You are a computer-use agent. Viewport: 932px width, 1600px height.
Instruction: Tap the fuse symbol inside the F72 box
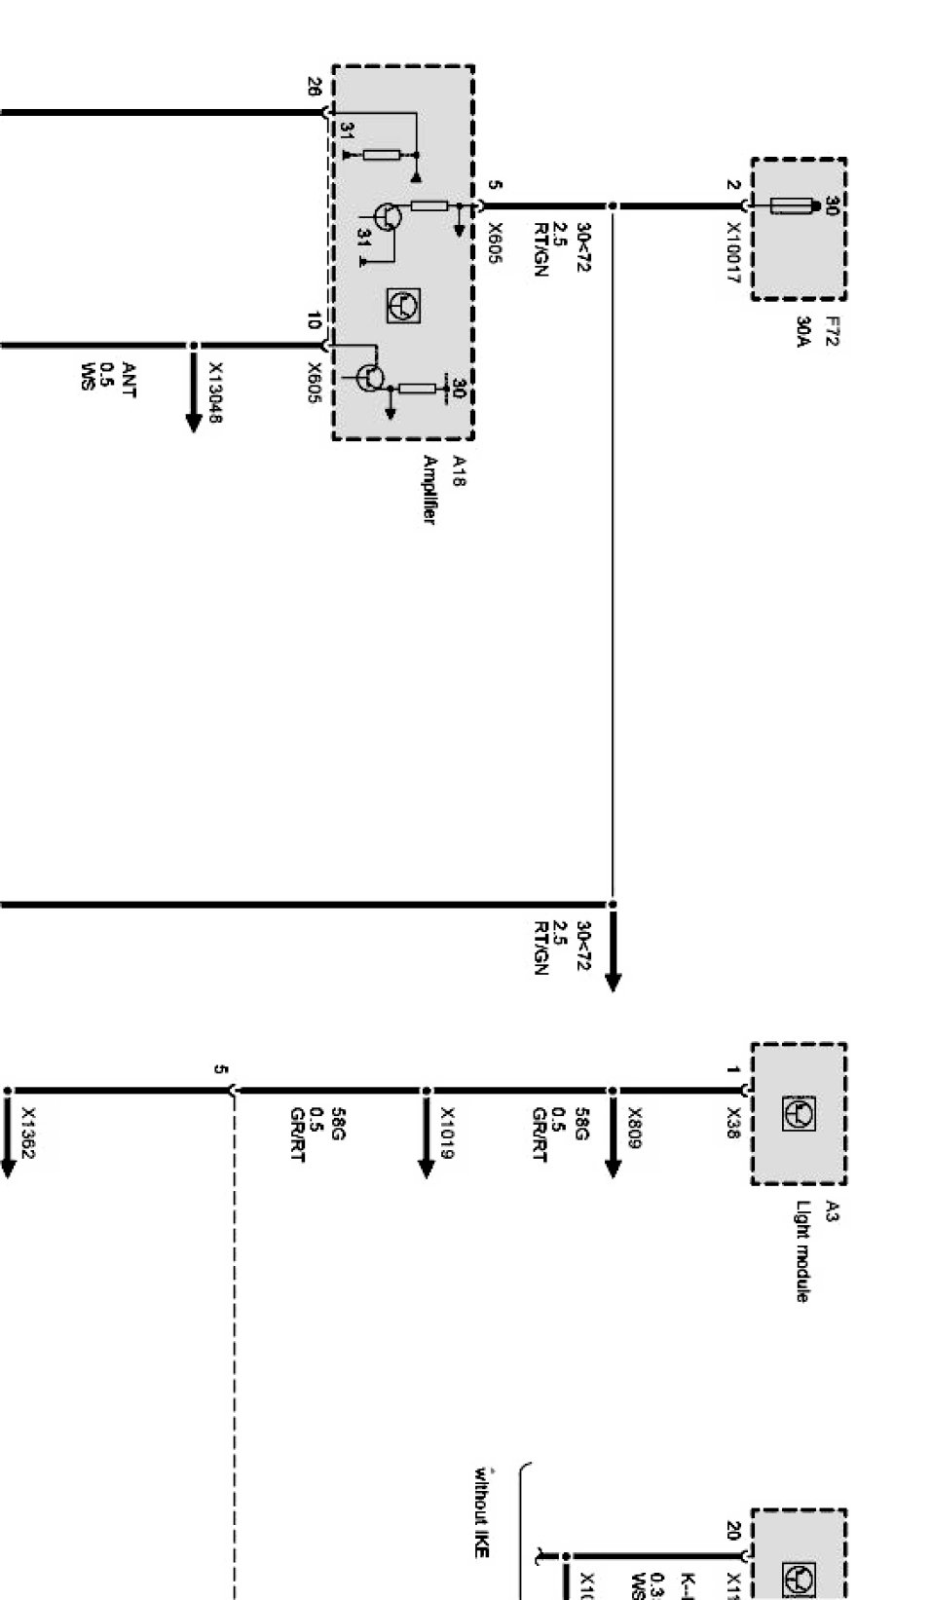pos(792,206)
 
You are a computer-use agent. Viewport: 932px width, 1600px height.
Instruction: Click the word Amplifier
pos(429,490)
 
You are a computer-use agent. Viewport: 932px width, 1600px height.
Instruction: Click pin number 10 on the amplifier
pos(314,319)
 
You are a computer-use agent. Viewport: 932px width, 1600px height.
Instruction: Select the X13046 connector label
pos(215,392)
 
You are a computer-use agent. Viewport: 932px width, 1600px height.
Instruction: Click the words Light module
pos(802,1250)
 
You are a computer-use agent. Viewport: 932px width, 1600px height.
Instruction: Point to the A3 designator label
pos(831,1211)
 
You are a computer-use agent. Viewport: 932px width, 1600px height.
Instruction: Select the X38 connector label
pos(732,1124)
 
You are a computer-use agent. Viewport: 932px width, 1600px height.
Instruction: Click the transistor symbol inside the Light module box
pos(799,1113)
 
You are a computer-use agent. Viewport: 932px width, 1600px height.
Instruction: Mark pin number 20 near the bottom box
pos(732,1530)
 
